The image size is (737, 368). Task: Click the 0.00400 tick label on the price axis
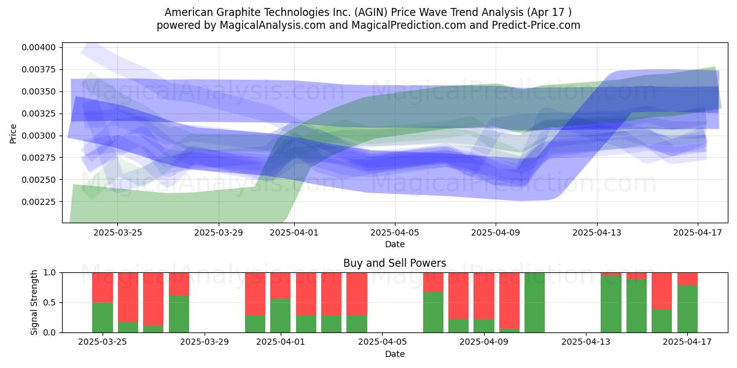tap(39, 48)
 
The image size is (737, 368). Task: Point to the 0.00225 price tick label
tap(39, 202)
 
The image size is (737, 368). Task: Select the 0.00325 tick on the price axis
tap(39, 113)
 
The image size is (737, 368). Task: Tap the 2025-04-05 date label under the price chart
tap(395, 232)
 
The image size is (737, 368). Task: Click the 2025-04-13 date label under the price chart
tap(597, 232)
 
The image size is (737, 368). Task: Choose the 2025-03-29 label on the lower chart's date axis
tap(205, 342)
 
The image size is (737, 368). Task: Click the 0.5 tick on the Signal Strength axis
tap(49, 302)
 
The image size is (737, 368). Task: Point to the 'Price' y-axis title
tap(13, 134)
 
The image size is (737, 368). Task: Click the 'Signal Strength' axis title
tap(34, 302)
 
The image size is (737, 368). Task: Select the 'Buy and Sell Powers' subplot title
tap(395, 263)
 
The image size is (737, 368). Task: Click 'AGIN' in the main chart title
tap(370, 12)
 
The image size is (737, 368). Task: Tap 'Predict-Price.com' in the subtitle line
tap(536, 25)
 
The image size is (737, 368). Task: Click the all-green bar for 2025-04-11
tap(535, 302)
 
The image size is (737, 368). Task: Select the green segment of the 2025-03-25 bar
tap(103, 318)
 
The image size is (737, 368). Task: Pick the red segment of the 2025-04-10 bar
tap(509, 301)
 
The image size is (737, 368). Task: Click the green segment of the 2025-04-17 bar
tap(687, 309)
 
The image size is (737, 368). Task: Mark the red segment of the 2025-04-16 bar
tap(661, 291)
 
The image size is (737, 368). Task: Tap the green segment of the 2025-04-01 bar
tap(280, 315)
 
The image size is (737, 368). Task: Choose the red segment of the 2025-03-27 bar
tap(154, 299)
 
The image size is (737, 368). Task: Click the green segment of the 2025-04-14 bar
tap(611, 304)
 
